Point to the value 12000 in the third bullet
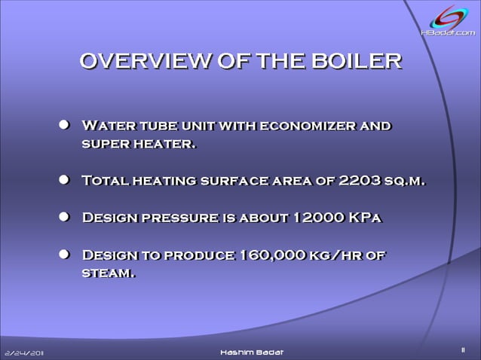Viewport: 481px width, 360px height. click(317, 218)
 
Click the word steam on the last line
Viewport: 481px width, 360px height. click(108, 273)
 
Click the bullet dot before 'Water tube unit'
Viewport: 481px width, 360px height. click(66, 125)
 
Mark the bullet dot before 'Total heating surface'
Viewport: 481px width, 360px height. click(66, 181)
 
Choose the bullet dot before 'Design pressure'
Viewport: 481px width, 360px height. click(66, 218)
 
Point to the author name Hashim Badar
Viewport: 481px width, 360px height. click(253, 352)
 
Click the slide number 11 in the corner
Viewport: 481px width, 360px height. click(463, 349)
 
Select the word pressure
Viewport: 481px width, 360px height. click(179, 218)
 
